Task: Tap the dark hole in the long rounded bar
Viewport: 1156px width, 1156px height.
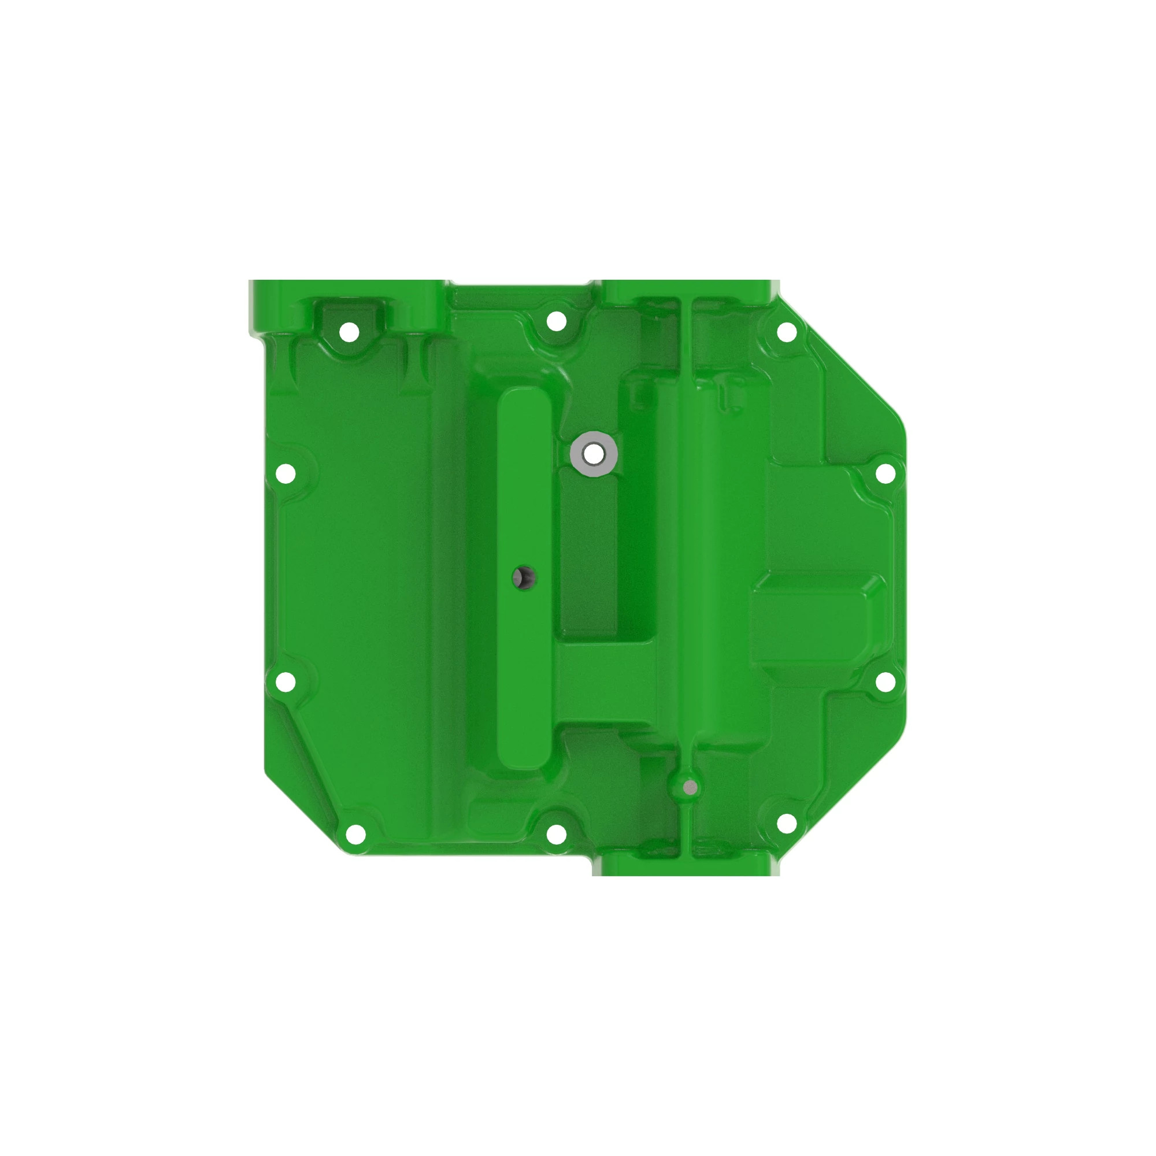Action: pyautogui.click(x=524, y=577)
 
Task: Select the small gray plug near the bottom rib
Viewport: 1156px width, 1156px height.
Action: pyautogui.click(x=690, y=787)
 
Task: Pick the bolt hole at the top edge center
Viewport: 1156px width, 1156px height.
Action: pyautogui.click(x=557, y=321)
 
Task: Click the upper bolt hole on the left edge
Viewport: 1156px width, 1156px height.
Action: pyautogui.click(x=286, y=473)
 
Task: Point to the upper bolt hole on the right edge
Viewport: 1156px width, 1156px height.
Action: pyautogui.click(x=885, y=473)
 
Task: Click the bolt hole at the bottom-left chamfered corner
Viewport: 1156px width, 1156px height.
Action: pyautogui.click(x=355, y=832)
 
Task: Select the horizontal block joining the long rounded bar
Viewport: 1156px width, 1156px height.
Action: pyautogui.click(x=605, y=682)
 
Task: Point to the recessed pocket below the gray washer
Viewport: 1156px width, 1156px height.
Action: pyautogui.click(x=588, y=557)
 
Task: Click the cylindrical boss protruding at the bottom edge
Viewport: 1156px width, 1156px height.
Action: pyautogui.click(x=682, y=865)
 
